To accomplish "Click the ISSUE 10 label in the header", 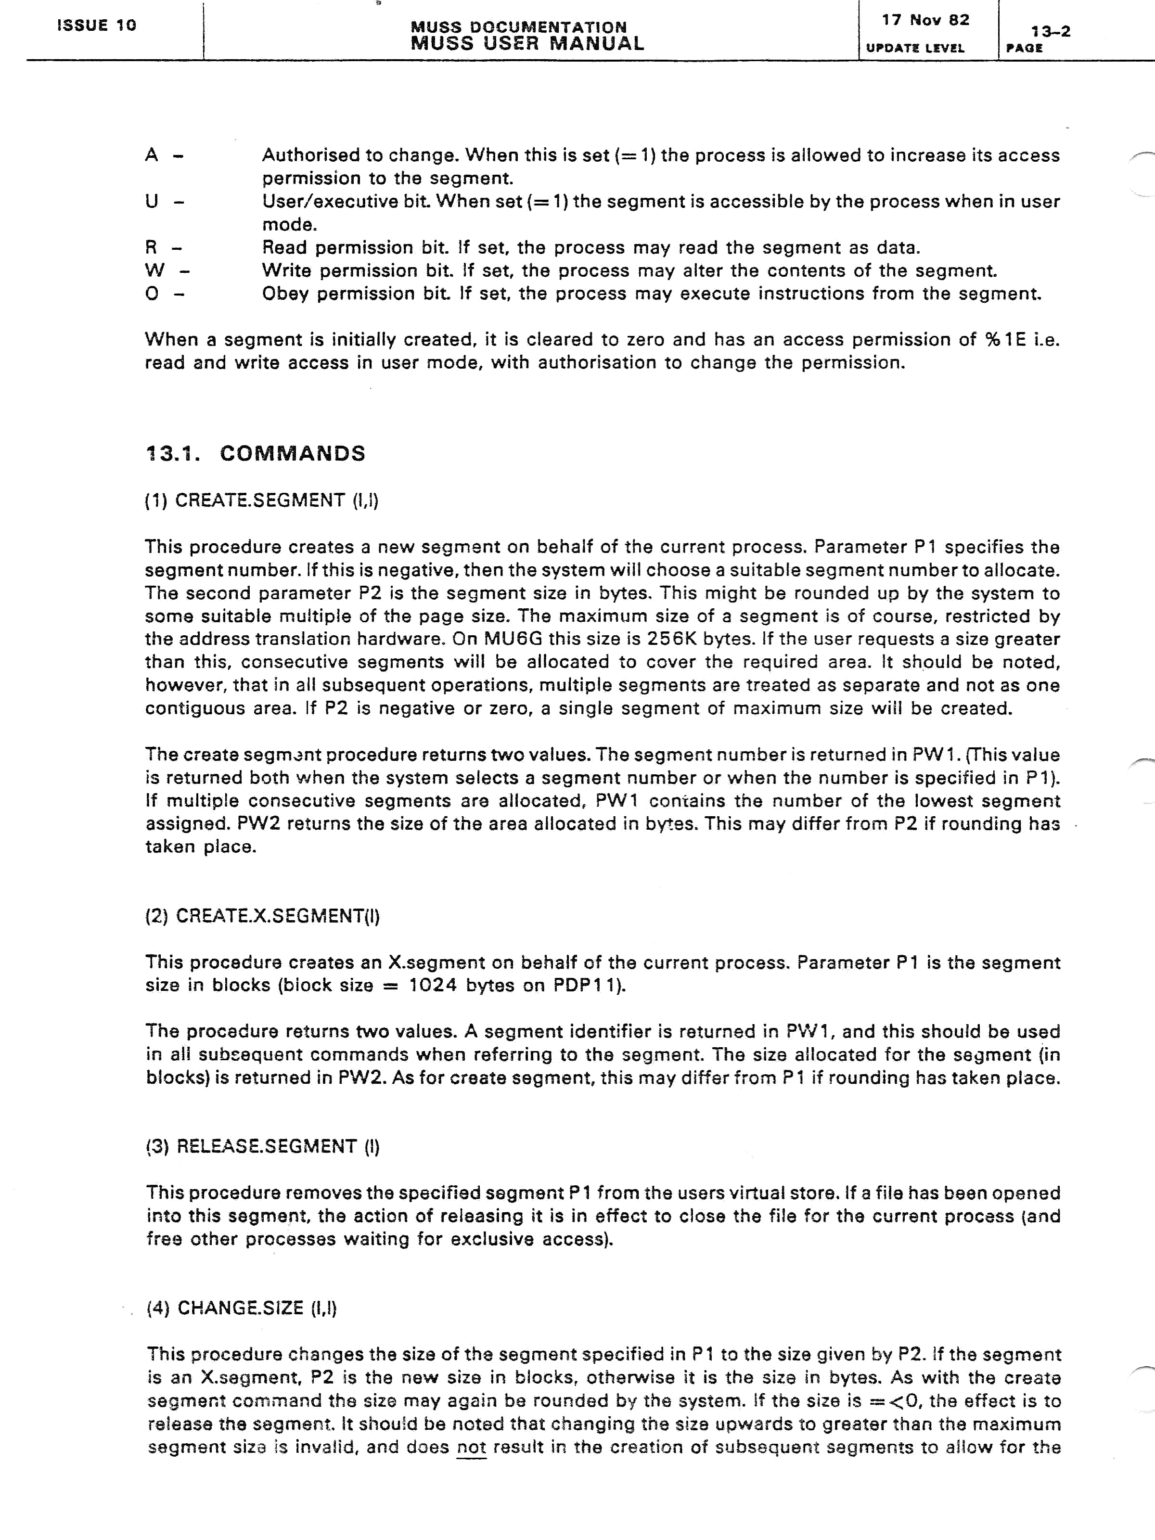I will pyautogui.click(x=96, y=26).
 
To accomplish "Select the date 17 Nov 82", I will pyautogui.click(x=925, y=20).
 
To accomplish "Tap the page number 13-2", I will pyautogui.click(x=1051, y=31).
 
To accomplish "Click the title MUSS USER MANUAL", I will pyautogui.click(x=527, y=44).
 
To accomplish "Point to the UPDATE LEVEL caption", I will pyautogui.click(x=915, y=48).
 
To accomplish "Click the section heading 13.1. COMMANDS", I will pyautogui.click(x=256, y=453).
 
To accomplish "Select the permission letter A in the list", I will pyautogui.click(x=152, y=155).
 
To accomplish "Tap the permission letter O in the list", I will pyautogui.click(x=152, y=293).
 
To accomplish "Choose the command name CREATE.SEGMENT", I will pyautogui.click(x=260, y=500).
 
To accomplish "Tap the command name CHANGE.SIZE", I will pyautogui.click(x=240, y=1308).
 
